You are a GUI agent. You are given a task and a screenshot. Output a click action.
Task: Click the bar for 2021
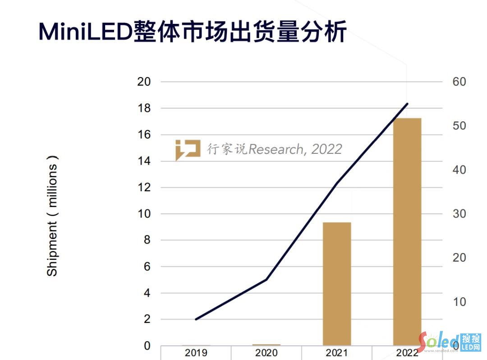point(337,284)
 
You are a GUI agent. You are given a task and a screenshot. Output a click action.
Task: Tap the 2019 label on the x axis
point(196,353)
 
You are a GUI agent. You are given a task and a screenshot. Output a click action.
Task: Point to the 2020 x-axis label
point(266,353)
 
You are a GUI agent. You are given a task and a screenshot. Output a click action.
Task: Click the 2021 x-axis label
point(336,353)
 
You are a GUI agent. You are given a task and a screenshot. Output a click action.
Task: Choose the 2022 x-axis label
point(407,353)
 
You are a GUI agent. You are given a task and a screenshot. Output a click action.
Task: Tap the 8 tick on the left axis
point(147,240)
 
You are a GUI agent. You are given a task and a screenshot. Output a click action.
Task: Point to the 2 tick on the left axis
point(147,319)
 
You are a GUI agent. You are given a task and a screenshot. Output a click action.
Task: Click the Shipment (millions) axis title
point(53,216)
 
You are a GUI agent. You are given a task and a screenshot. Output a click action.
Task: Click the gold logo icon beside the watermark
point(188,149)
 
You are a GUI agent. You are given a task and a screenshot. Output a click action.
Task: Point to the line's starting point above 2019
point(196,319)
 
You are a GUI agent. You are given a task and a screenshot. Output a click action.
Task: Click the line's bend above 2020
point(266,280)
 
